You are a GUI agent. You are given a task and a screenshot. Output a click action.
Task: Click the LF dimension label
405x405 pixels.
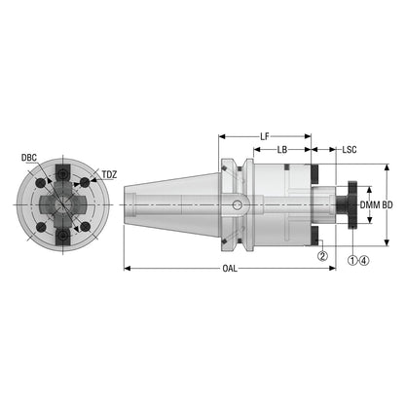(265, 136)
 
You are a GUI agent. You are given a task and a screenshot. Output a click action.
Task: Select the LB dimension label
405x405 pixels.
(282, 150)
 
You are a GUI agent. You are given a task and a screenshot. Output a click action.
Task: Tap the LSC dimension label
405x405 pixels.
(350, 150)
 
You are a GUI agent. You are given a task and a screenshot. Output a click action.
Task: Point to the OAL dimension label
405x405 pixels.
(230, 269)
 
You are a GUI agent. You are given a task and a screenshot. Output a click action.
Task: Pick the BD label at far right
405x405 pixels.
(387, 205)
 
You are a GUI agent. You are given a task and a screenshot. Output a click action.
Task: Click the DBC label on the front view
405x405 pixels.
(29, 158)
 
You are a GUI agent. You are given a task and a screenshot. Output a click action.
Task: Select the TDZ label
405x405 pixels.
(109, 175)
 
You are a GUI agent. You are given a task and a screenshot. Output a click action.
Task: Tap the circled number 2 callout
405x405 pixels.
(322, 256)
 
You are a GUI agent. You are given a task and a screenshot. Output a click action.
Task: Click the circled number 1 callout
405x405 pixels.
(352, 260)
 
